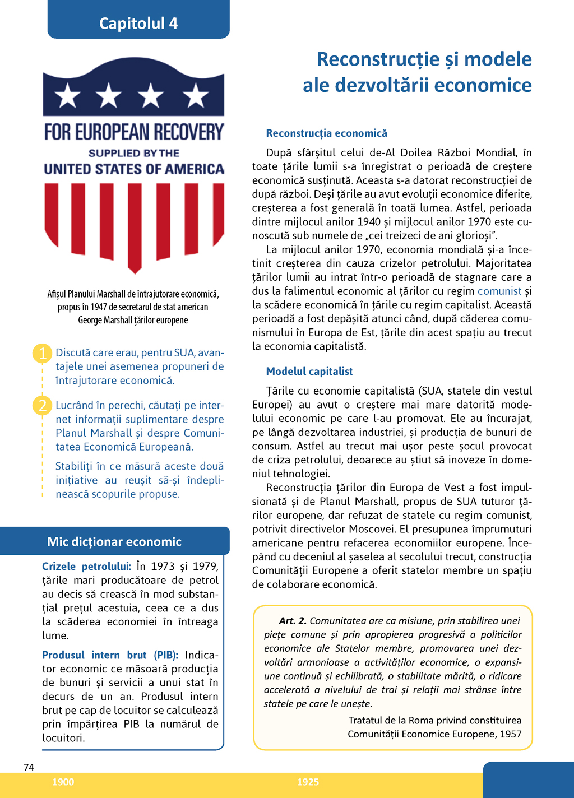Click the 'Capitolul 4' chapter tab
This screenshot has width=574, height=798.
tap(138, 23)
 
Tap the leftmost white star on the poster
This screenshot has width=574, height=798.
tap(67, 95)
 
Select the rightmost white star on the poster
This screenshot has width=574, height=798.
tap(196, 95)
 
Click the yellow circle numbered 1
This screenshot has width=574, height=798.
tap(43, 354)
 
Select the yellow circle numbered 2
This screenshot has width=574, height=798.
tap(43, 405)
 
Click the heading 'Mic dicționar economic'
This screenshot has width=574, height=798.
tap(114, 542)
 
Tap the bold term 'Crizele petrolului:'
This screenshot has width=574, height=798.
tap(86, 567)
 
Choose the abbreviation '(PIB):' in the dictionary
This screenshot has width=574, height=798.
tap(166, 655)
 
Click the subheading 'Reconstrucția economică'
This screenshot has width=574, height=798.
tap(326, 133)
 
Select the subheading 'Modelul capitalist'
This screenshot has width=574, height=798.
tap(309, 372)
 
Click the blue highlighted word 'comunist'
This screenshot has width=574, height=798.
tap(499, 291)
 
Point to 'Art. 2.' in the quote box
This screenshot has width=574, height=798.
tap(293, 621)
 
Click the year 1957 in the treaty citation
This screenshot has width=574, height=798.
tap(510, 734)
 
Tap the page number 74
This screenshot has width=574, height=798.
tap(29, 768)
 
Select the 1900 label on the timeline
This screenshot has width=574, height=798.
tap(63, 782)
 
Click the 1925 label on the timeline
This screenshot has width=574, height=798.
tap(308, 782)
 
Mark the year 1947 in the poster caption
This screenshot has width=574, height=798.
tap(99, 307)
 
